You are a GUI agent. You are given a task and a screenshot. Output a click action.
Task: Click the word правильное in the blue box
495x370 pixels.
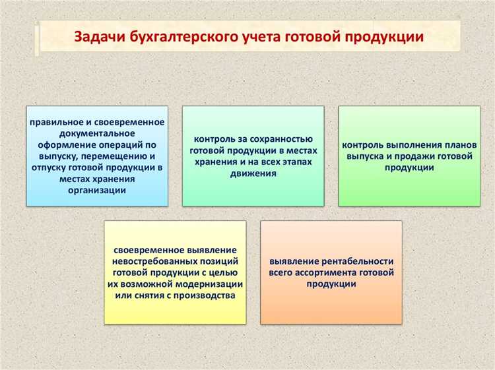pyautogui.click(x=55, y=123)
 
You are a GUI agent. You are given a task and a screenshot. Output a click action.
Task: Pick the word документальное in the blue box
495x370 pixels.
pyautogui.click(x=97, y=134)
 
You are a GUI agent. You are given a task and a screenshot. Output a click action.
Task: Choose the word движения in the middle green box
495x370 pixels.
pyautogui.click(x=253, y=173)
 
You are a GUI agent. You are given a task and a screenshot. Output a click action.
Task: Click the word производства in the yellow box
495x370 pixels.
pyautogui.click(x=207, y=295)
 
